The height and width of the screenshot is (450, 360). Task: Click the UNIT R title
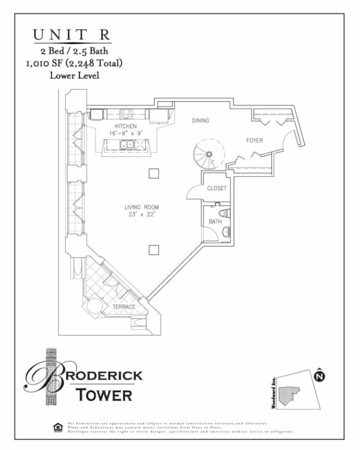[x=71, y=35]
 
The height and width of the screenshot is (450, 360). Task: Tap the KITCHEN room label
[x=126, y=126]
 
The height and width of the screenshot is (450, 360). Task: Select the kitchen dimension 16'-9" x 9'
[x=126, y=133]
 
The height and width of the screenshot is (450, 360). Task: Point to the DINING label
[x=201, y=120]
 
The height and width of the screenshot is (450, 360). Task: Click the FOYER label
[x=255, y=140]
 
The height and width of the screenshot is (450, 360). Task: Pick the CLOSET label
[x=217, y=188]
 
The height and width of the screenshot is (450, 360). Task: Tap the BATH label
[x=215, y=221]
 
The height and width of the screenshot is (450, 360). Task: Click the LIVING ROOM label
[x=142, y=207]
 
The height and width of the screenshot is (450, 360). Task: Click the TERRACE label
[x=124, y=307]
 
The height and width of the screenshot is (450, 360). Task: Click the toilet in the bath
[x=224, y=213]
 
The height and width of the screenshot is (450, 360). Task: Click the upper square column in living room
[x=154, y=173]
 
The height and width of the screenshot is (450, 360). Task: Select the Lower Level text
[x=74, y=75]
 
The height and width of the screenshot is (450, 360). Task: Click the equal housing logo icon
[x=58, y=427]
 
